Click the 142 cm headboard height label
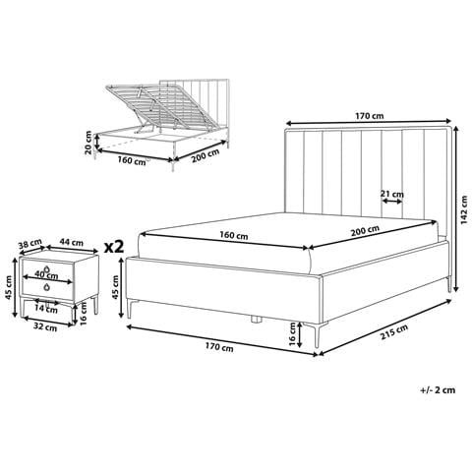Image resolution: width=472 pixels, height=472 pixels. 464,210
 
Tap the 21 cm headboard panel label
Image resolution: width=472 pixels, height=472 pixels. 392,194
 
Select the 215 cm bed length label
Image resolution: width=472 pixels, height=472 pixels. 394,332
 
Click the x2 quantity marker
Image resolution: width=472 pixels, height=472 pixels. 114,247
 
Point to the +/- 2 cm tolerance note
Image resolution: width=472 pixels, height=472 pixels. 438,390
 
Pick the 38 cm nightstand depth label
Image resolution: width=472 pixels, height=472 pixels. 30,244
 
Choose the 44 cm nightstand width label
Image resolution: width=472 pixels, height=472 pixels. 72,243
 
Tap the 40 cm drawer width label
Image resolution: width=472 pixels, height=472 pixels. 46,275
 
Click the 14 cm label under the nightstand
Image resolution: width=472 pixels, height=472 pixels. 46,309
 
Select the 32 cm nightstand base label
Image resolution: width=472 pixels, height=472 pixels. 45,327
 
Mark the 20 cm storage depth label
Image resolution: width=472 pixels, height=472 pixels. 88,143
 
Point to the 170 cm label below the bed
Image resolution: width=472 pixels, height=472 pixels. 219,346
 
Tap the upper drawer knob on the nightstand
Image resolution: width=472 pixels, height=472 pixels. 47,268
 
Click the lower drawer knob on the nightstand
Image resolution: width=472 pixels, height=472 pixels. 47,287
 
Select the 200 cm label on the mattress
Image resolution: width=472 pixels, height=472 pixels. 365,231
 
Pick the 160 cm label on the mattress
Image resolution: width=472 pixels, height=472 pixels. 234,235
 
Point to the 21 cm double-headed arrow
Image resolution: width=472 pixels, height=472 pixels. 392,202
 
